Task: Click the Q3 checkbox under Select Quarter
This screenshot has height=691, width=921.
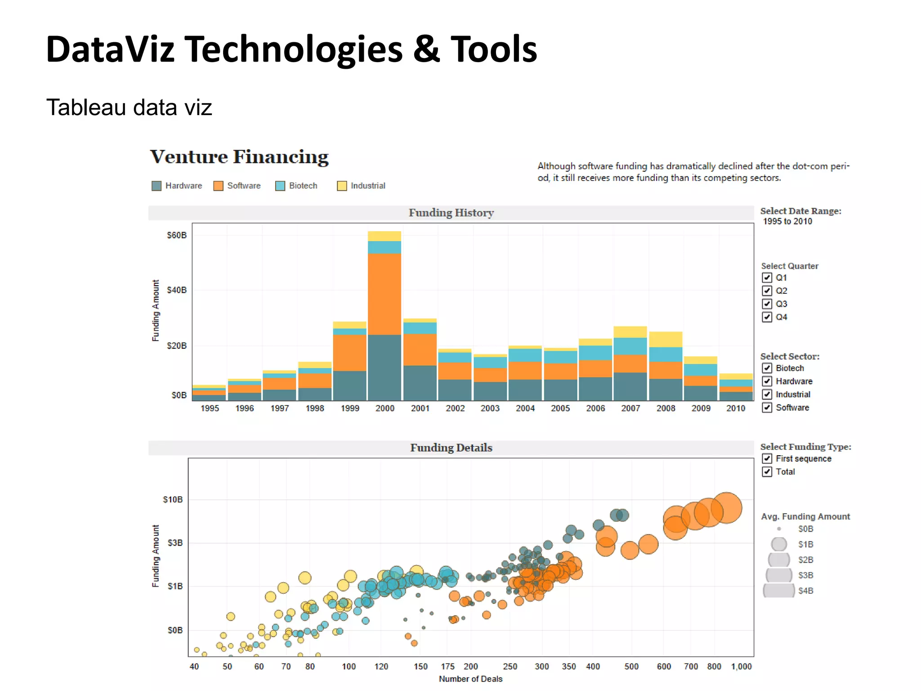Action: point(767,304)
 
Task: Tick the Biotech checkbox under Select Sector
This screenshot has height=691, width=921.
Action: point(767,368)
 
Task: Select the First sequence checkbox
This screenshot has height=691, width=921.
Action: point(767,458)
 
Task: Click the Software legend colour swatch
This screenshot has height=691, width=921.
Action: point(218,186)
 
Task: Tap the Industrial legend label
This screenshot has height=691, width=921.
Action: point(368,186)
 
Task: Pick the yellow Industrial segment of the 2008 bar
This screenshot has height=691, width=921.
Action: point(666,339)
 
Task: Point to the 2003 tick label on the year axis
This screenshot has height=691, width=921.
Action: point(490,408)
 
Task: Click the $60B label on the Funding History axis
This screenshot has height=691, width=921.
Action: point(176,235)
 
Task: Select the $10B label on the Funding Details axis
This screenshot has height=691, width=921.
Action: point(173,499)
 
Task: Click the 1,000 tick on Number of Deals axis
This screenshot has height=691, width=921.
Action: point(741,666)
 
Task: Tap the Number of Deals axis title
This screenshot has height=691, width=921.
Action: point(470,679)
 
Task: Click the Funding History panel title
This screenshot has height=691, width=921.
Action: point(451,213)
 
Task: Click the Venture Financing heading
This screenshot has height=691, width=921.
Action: point(239,157)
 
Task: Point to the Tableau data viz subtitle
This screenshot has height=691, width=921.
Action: point(129,108)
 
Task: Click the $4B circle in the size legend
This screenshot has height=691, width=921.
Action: point(779,591)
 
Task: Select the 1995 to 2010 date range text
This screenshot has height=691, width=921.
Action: point(787,221)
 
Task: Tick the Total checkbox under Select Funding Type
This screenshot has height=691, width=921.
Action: point(767,471)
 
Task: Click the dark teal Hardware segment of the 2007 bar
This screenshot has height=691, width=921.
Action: point(630,386)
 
